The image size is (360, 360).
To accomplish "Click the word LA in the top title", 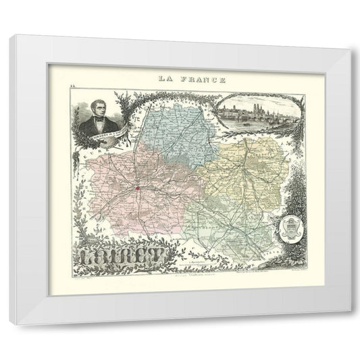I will (x=165, y=78).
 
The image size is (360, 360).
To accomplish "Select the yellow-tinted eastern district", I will (x=243, y=176).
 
